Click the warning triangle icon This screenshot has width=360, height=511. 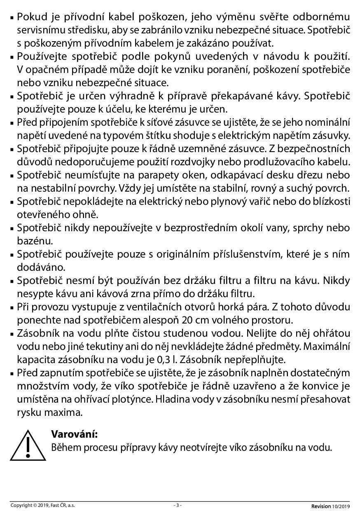coord(28,445)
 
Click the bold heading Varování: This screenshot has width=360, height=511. coord(74,434)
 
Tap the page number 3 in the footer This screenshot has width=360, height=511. coord(178,505)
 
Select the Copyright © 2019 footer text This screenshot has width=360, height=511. coord(42,505)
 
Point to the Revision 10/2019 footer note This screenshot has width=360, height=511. coord(330,506)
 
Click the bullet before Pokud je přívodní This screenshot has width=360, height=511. coord(12,18)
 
